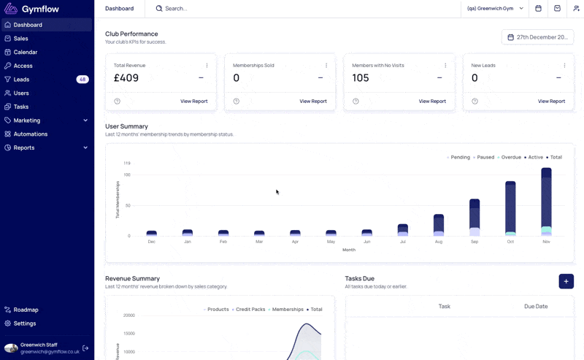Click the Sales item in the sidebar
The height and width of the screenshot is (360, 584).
coord(21,39)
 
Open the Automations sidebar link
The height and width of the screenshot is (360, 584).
coord(31,134)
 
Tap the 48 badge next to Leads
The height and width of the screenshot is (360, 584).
coord(82,80)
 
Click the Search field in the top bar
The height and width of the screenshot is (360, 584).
coord(176,9)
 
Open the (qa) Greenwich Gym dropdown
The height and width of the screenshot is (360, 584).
coord(495,9)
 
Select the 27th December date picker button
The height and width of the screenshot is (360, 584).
coord(537,37)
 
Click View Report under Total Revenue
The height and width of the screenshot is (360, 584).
coord(194,101)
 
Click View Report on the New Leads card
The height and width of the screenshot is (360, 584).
coord(551,101)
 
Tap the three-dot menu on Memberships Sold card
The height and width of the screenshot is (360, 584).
coord(326,65)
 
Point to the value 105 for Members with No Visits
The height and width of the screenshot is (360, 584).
coord(361,78)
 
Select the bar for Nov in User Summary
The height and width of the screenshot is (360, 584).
coord(546,202)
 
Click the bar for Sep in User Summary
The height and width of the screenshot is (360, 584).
coord(474,218)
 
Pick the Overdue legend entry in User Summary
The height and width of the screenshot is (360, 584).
coord(509,157)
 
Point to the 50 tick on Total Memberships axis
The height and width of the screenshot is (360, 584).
coord(128,205)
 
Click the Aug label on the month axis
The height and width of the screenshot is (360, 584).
coord(439,242)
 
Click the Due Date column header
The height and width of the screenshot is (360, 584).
coord(536,307)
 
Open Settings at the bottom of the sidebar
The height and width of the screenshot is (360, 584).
coord(25,323)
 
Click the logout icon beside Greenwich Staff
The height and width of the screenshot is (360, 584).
coord(85,348)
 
